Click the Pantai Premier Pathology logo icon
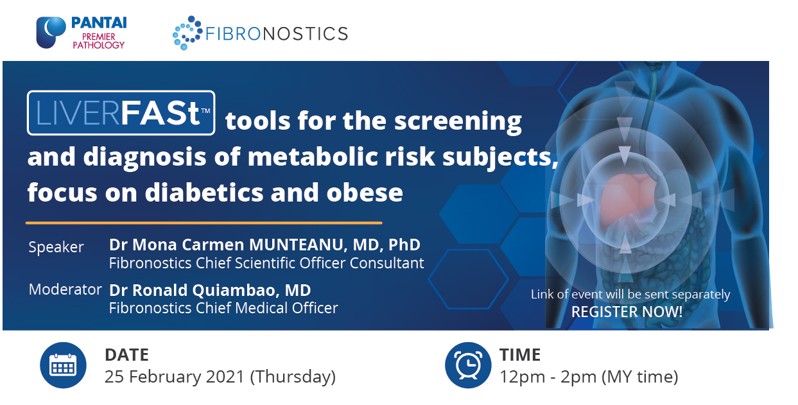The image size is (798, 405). click(x=51, y=32)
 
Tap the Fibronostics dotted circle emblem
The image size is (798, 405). click(x=187, y=33)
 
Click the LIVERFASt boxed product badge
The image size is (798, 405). click(x=121, y=112)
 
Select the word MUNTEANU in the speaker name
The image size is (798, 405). click(x=296, y=245)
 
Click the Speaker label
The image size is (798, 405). click(x=56, y=247)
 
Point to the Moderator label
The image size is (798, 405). click(x=65, y=289)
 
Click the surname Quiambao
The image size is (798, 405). click(x=234, y=290)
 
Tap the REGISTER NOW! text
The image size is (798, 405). click(x=627, y=312)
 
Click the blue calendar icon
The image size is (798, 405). click(x=63, y=365)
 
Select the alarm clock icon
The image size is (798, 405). click(x=468, y=365)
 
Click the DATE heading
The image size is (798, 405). click(x=126, y=355)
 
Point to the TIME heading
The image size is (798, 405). click(x=520, y=355)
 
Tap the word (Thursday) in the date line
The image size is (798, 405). click(x=293, y=377)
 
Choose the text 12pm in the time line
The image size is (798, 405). click(x=522, y=377)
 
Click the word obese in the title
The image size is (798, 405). click(x=365, y=193)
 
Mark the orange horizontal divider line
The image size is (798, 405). click(x=204, y=223)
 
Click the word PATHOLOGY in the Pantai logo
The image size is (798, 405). click(x=99, y=45)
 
